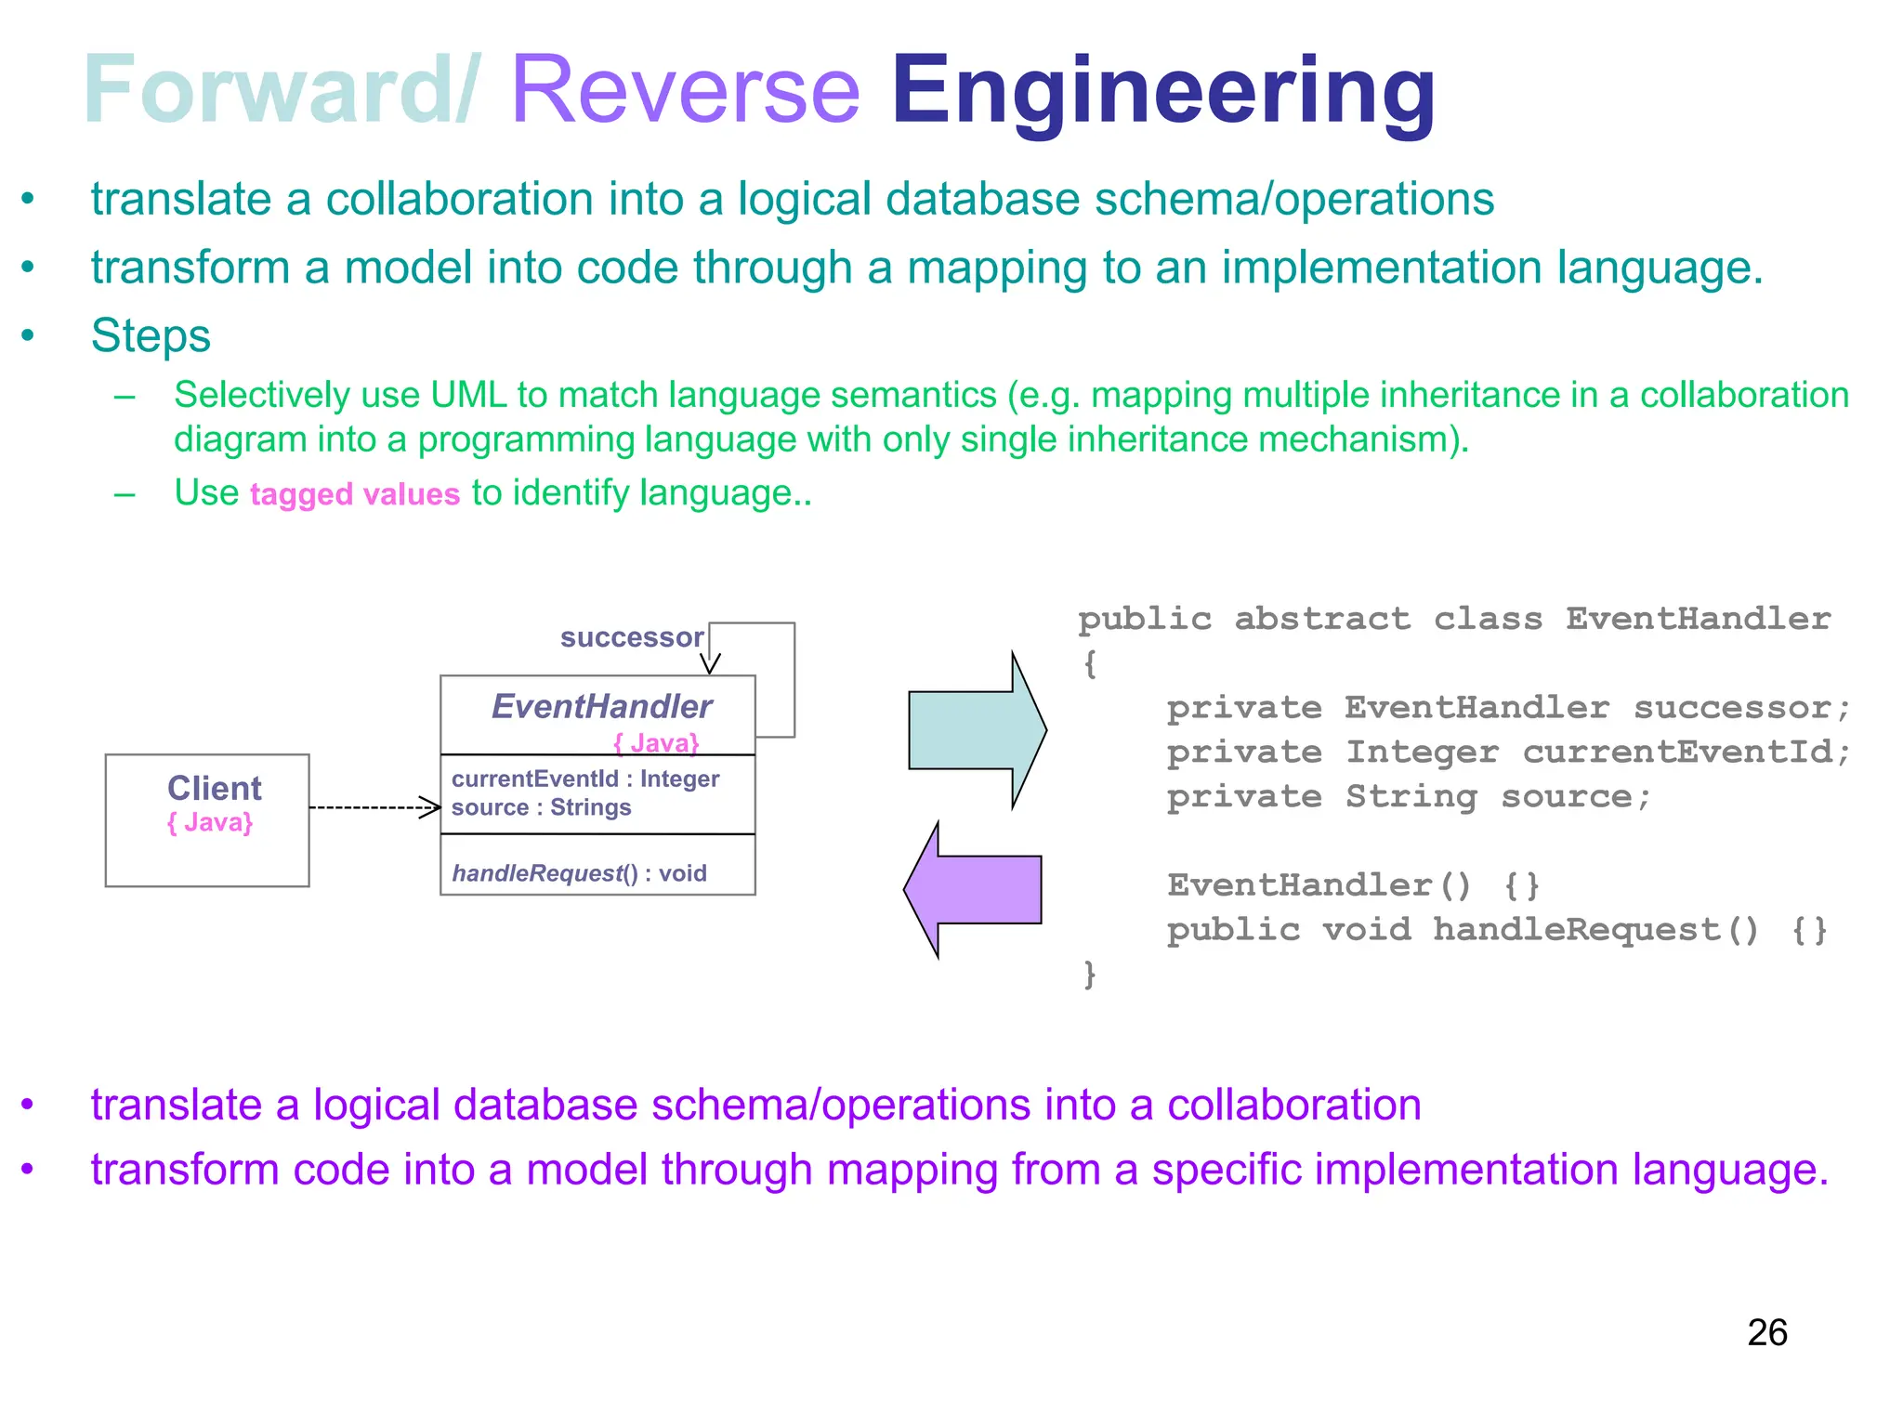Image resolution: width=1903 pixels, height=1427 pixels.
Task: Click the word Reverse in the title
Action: (686, 90)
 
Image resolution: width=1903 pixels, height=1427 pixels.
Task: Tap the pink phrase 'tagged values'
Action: (355, 494)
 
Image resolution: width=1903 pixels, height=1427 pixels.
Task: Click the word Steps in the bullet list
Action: (151, 335)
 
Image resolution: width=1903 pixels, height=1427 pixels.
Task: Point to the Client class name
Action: (214, 789)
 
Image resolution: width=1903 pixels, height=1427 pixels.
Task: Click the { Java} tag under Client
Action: (210, 823)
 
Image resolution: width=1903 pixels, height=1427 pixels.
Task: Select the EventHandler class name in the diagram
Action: (601, 707)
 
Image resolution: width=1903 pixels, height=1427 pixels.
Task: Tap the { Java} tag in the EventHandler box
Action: (656, 743)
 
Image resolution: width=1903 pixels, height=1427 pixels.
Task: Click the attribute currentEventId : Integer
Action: (585, 779)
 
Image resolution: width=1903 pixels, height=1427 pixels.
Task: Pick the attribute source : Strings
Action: (541, 807)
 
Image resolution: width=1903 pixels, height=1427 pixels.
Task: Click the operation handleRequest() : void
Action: (579, 873)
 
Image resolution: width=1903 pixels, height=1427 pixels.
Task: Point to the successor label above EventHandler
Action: (632, 637)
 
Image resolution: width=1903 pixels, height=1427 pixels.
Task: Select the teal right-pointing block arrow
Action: (976, 731)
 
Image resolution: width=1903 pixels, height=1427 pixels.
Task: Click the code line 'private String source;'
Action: (1409, 797)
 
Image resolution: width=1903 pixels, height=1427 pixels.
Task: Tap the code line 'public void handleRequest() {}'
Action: (1497, 930)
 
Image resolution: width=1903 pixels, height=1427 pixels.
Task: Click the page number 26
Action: (1766, 1333)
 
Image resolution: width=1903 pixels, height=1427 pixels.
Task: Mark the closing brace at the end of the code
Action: (1090, 975)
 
